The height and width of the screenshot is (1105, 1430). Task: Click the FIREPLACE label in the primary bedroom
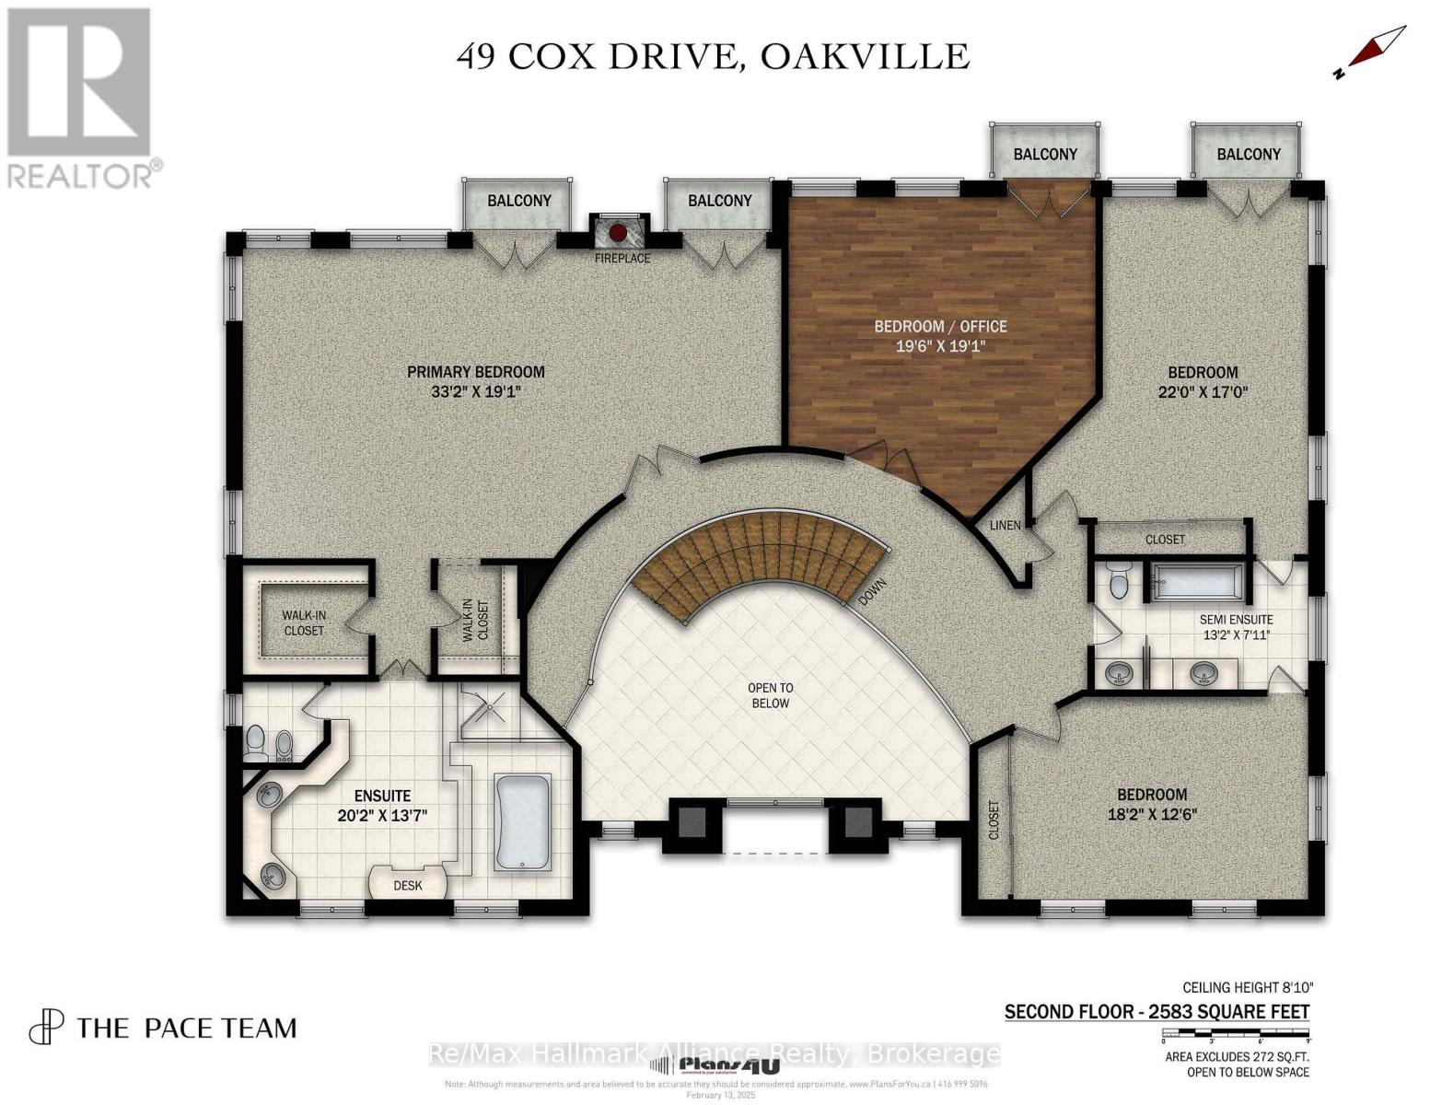pos(622,258)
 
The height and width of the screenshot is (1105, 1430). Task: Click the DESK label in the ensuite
pos(407,886)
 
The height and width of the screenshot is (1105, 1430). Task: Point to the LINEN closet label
pos(1005,525)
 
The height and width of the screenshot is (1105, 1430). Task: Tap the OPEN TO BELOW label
pos(770,695)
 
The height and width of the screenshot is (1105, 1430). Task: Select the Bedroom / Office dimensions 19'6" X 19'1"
pos(940,346)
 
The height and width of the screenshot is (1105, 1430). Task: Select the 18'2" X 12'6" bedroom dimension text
pos(1151,814)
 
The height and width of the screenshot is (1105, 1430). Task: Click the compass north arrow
pos(1372,52)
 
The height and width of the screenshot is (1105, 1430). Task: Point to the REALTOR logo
pos(81,97)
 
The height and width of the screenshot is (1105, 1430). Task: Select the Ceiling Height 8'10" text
pos(1247,986)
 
